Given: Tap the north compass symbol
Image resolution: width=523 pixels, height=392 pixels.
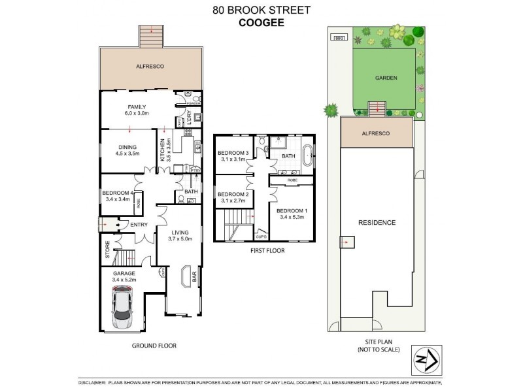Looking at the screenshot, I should (x=423, y=359).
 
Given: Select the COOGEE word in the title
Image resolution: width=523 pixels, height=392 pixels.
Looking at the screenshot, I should (x=261, y=21).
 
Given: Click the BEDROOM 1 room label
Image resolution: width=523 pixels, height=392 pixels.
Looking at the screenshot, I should (x=292, y=211).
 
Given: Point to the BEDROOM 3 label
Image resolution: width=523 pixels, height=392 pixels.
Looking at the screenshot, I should (x=233, y=154).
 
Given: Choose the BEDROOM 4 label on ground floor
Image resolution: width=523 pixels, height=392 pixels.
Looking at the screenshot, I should (x=118, y=192).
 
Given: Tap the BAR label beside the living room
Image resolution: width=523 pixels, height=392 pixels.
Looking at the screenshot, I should (x=195, y=277).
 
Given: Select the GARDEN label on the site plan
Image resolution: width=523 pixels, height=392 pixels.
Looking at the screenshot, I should (x=386, y=77).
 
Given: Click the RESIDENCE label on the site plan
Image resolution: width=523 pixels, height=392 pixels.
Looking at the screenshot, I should (x=377, y=222).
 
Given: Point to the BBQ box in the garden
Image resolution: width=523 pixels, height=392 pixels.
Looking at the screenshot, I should (x=339, y=38).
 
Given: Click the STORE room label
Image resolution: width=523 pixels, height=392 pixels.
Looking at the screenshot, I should (x=107, y=249).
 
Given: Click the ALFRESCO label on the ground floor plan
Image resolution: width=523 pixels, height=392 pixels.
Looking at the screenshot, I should (x=149, y=67).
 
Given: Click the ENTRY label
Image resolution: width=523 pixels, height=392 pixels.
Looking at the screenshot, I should (x=138, y=225).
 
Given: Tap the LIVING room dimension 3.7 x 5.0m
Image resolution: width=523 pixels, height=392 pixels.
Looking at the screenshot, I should (x=180, y=240).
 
